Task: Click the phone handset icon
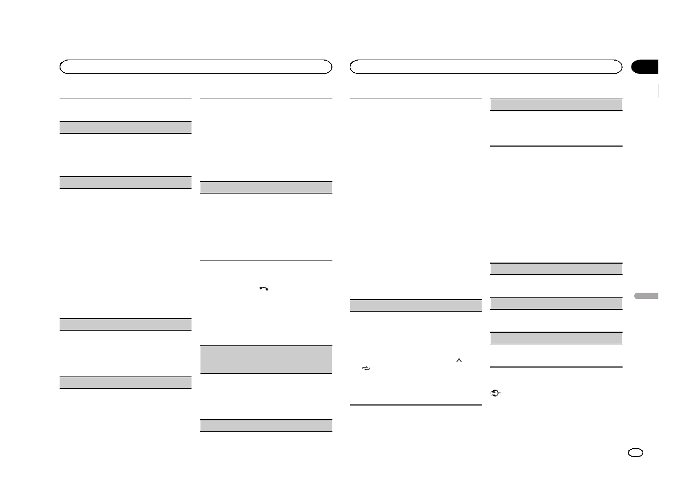[x=264, y=288]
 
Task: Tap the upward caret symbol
[x=459, y=360]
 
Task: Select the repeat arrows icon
[x=366, y=369]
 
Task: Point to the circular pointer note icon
[x=495, y=393]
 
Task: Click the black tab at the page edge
[x=645, y=67]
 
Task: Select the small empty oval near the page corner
[x=636, y=453]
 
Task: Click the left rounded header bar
[x=196, y=67]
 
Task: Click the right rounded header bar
[x=486, y=67]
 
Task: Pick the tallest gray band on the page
[x=266, y=360]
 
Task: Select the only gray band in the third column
[x=416, y=305]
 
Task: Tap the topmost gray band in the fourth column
[x=556, y=104]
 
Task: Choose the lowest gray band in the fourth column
[x=556, y=338]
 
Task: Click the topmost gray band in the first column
[x=125, y=127]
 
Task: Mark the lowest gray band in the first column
[x=125, y=383]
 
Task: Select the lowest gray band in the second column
[x=266, y=426]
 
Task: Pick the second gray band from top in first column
[x=125, y=182]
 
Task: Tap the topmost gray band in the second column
[x=266, y=187]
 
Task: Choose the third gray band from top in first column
[x=125, y=324]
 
